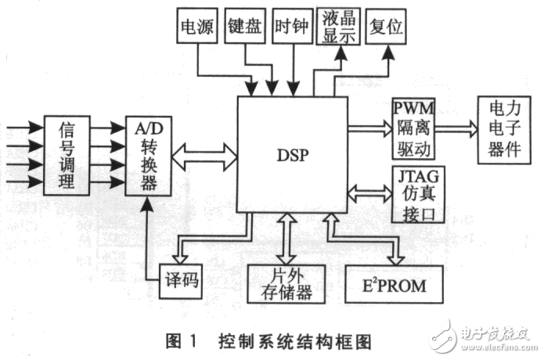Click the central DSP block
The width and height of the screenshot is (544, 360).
tap(293, 154)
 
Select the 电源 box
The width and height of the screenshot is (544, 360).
tap(198, 27)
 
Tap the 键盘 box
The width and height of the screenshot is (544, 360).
tap(245, 27)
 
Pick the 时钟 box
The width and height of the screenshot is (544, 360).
tap(291, 27)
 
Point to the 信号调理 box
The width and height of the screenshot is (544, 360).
tap(66, 155)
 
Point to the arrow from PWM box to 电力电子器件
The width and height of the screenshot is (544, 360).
tap(456, 127)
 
